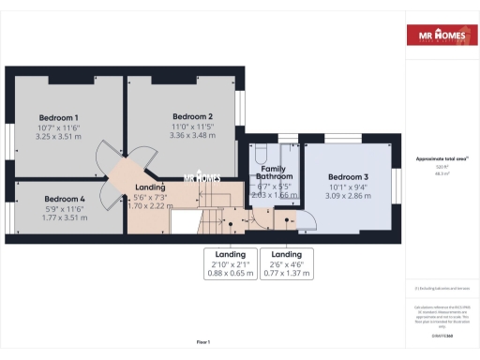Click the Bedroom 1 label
(x=58, y=116)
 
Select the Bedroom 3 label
(x=348, y=177)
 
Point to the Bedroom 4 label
(x=65, y=199)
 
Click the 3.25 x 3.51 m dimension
(x=58, y=135)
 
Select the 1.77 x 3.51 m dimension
(x=65, y=217)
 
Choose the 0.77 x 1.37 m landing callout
(x=287, y=273)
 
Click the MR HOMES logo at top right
(x=438, y=37)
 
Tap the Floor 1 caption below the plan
(x=203, y=342)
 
